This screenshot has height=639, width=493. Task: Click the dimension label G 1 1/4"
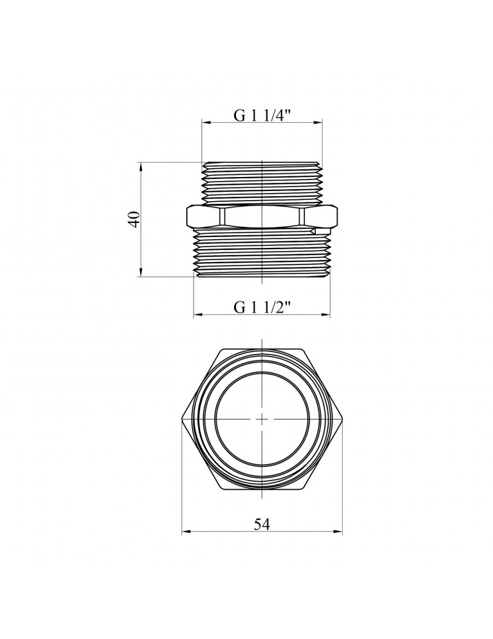(x=262, y=116)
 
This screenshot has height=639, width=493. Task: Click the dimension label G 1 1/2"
(x=262, y=307)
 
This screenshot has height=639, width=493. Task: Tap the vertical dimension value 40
(x=134, y=219)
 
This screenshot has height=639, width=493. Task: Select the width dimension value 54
(x=262, y=524)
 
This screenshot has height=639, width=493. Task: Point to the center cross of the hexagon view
(x=262, y=419)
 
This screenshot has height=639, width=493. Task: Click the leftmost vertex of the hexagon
(x=182, y=419)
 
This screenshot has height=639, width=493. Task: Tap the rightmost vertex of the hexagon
(x=342, y=419)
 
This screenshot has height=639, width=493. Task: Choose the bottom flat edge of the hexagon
(x=262, y=489)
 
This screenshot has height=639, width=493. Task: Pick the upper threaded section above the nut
(x=262, y=182)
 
